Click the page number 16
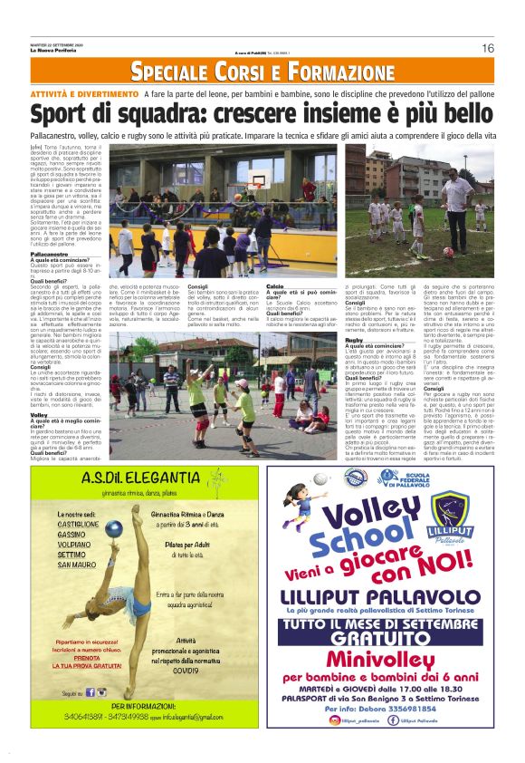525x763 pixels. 487,48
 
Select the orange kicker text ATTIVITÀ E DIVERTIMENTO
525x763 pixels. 84,93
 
